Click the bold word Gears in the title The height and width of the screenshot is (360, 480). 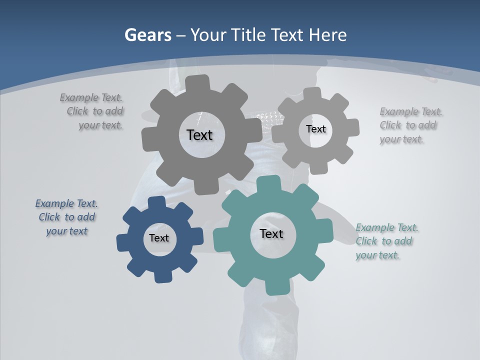click(x=147, y=35)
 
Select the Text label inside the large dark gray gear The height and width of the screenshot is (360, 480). click(x=199, y=135)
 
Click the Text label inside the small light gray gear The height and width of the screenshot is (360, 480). click(x=316, y=129)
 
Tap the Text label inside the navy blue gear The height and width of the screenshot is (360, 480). click(x=159, y=238)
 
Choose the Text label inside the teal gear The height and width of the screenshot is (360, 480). click(x=271, y=233)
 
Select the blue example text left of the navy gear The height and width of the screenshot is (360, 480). click(x=66, y=217)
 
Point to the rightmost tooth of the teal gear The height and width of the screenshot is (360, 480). click(x=325, y=231)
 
